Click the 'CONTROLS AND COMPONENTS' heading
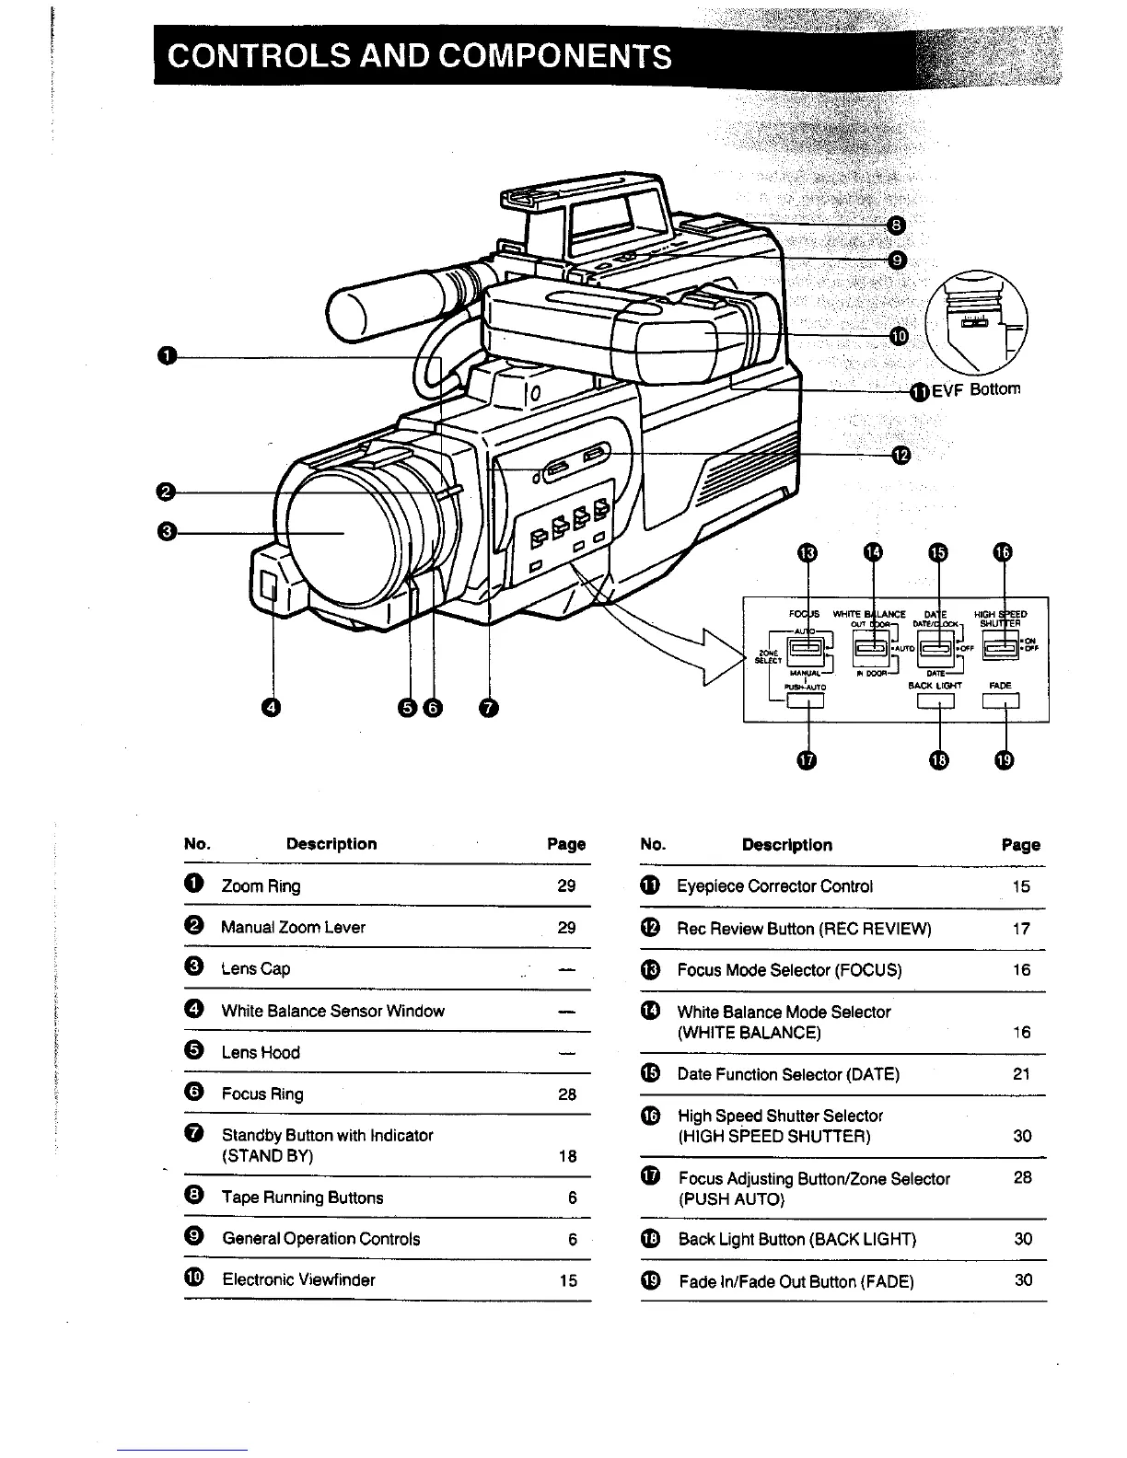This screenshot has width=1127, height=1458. coord(419,57)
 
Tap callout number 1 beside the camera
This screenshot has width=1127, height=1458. coord(167,356)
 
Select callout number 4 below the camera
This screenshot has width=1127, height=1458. coord(272,707)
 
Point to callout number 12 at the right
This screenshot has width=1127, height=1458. coord(900,454)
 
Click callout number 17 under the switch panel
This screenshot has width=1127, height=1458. coord(807,759)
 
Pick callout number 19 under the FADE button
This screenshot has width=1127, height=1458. coord(1005,759)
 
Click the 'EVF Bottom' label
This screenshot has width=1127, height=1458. coord(976,389)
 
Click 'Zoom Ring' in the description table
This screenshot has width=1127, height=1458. coord(261,886)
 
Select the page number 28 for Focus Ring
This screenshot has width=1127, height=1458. coord(567,1094)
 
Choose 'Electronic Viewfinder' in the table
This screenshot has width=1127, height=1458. coord(298,1280)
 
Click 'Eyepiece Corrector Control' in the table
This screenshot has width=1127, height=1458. coord(775,886)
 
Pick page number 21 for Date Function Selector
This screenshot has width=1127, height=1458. coord(1021,1074)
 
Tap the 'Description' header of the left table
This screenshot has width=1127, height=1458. coord(331,844)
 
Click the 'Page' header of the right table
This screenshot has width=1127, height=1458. coord(1021,845)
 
